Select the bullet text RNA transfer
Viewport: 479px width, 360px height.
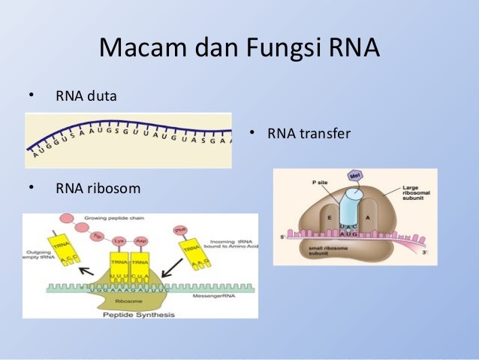(309, 135)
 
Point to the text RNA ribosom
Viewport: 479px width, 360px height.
(98, 187)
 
